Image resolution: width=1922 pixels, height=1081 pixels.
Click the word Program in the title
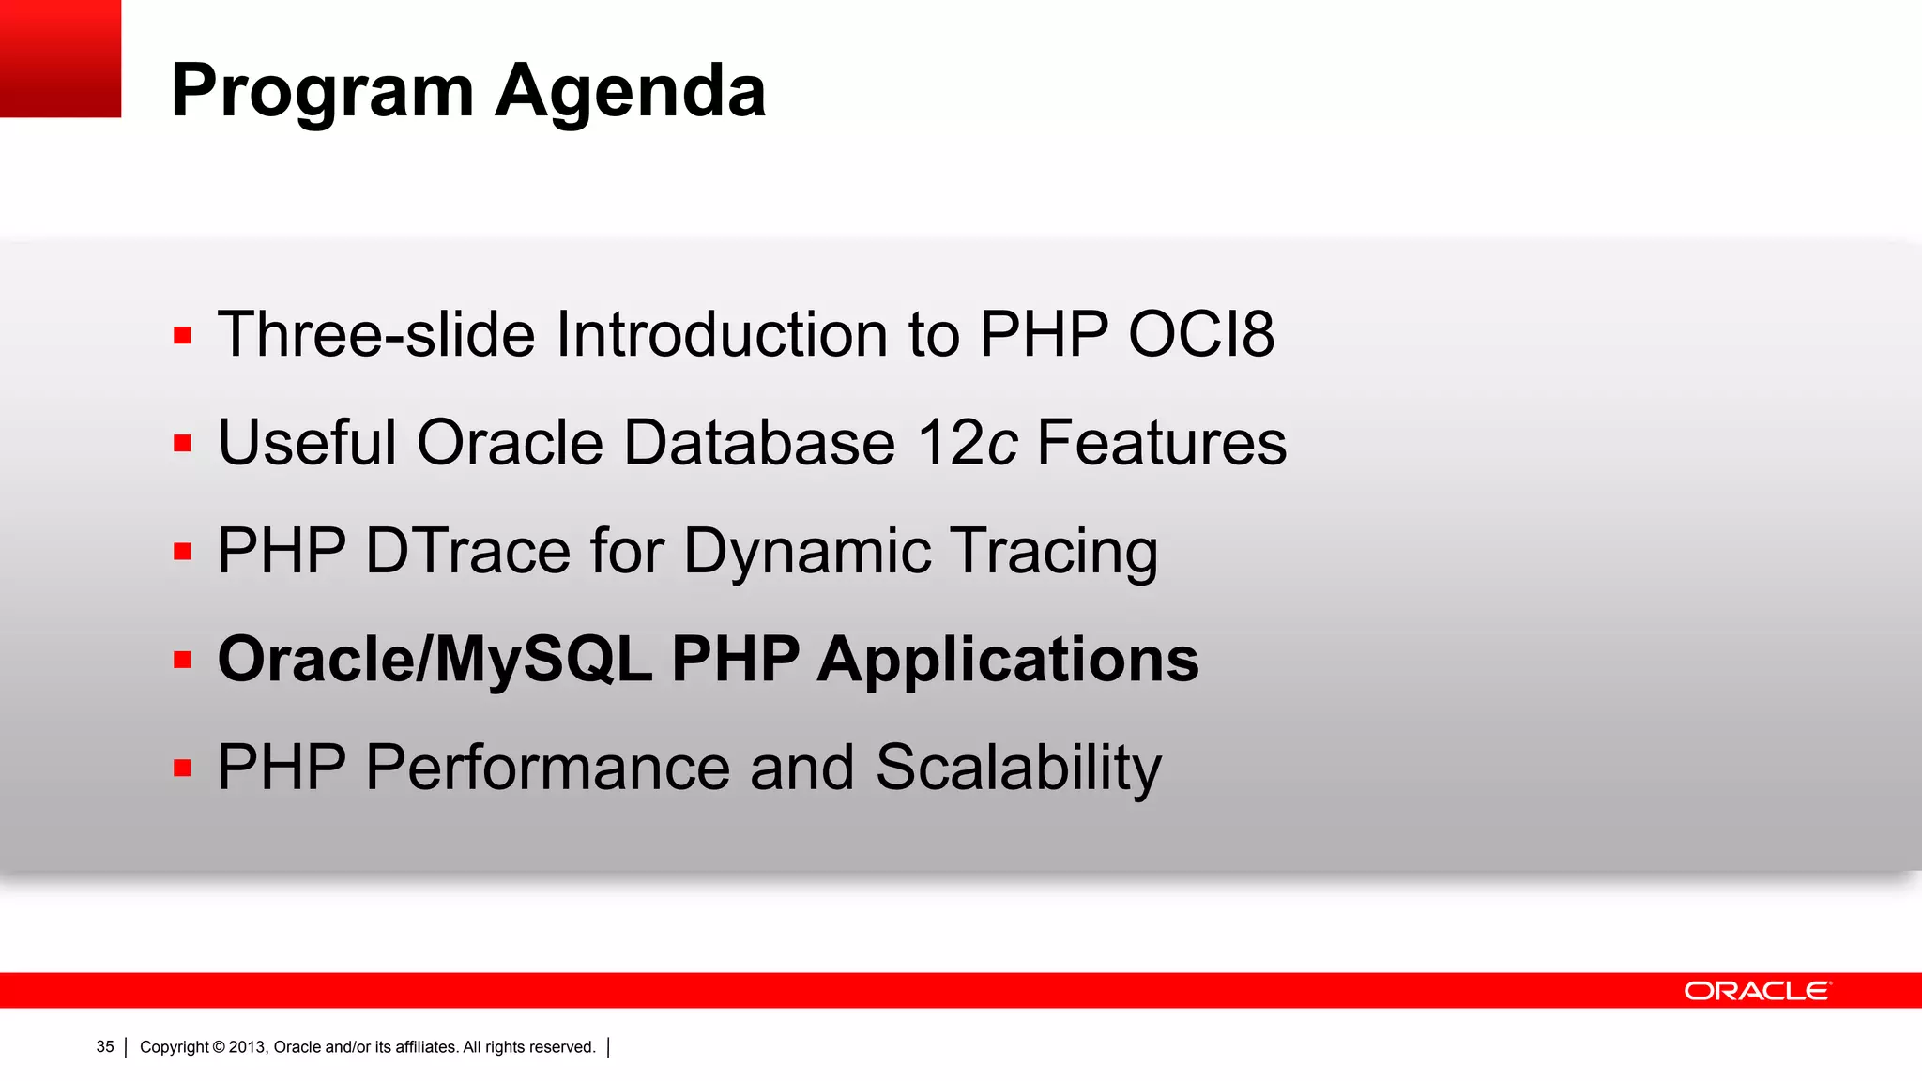click(x=322, y=92)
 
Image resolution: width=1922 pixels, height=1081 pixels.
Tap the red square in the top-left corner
click(x=60, y=58)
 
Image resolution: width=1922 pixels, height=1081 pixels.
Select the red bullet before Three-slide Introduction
click(x=182, y=335)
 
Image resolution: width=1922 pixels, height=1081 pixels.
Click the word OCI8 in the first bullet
click(x=1200, y=334)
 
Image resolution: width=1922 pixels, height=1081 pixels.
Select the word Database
click(x=758, y=442)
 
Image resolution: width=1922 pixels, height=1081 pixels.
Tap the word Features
click(x=1161, y=442)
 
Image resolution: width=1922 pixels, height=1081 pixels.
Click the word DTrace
click(x=467, y=551)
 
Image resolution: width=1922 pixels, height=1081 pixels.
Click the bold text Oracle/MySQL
click(x=435, y=659)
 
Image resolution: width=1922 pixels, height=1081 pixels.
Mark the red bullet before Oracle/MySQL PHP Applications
click(x=182, y=660)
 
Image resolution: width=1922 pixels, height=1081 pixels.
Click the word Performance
click(x=546, y=768)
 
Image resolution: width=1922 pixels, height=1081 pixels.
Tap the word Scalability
click(x=1018, y=768)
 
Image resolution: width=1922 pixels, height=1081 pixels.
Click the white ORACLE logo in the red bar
click(x=1756, y=991)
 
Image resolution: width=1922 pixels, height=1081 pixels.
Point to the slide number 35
click(x=105, y=1047)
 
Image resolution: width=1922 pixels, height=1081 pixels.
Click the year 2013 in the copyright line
click(x=248, y=1047)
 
